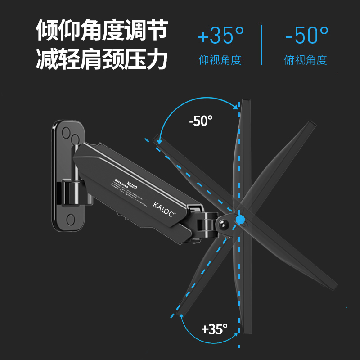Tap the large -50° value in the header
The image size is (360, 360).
pos(306,35)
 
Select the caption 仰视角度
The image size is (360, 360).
pos(220,60)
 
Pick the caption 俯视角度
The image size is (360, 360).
pos(306,60)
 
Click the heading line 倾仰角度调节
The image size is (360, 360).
pos(102,31)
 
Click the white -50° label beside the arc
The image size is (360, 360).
pos(201,121)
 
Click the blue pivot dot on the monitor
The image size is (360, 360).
pos(241,220)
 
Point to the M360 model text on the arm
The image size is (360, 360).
pos(132,185)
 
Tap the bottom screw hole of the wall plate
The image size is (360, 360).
pos(70,219)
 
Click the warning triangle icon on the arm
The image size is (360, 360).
pos(113,180)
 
